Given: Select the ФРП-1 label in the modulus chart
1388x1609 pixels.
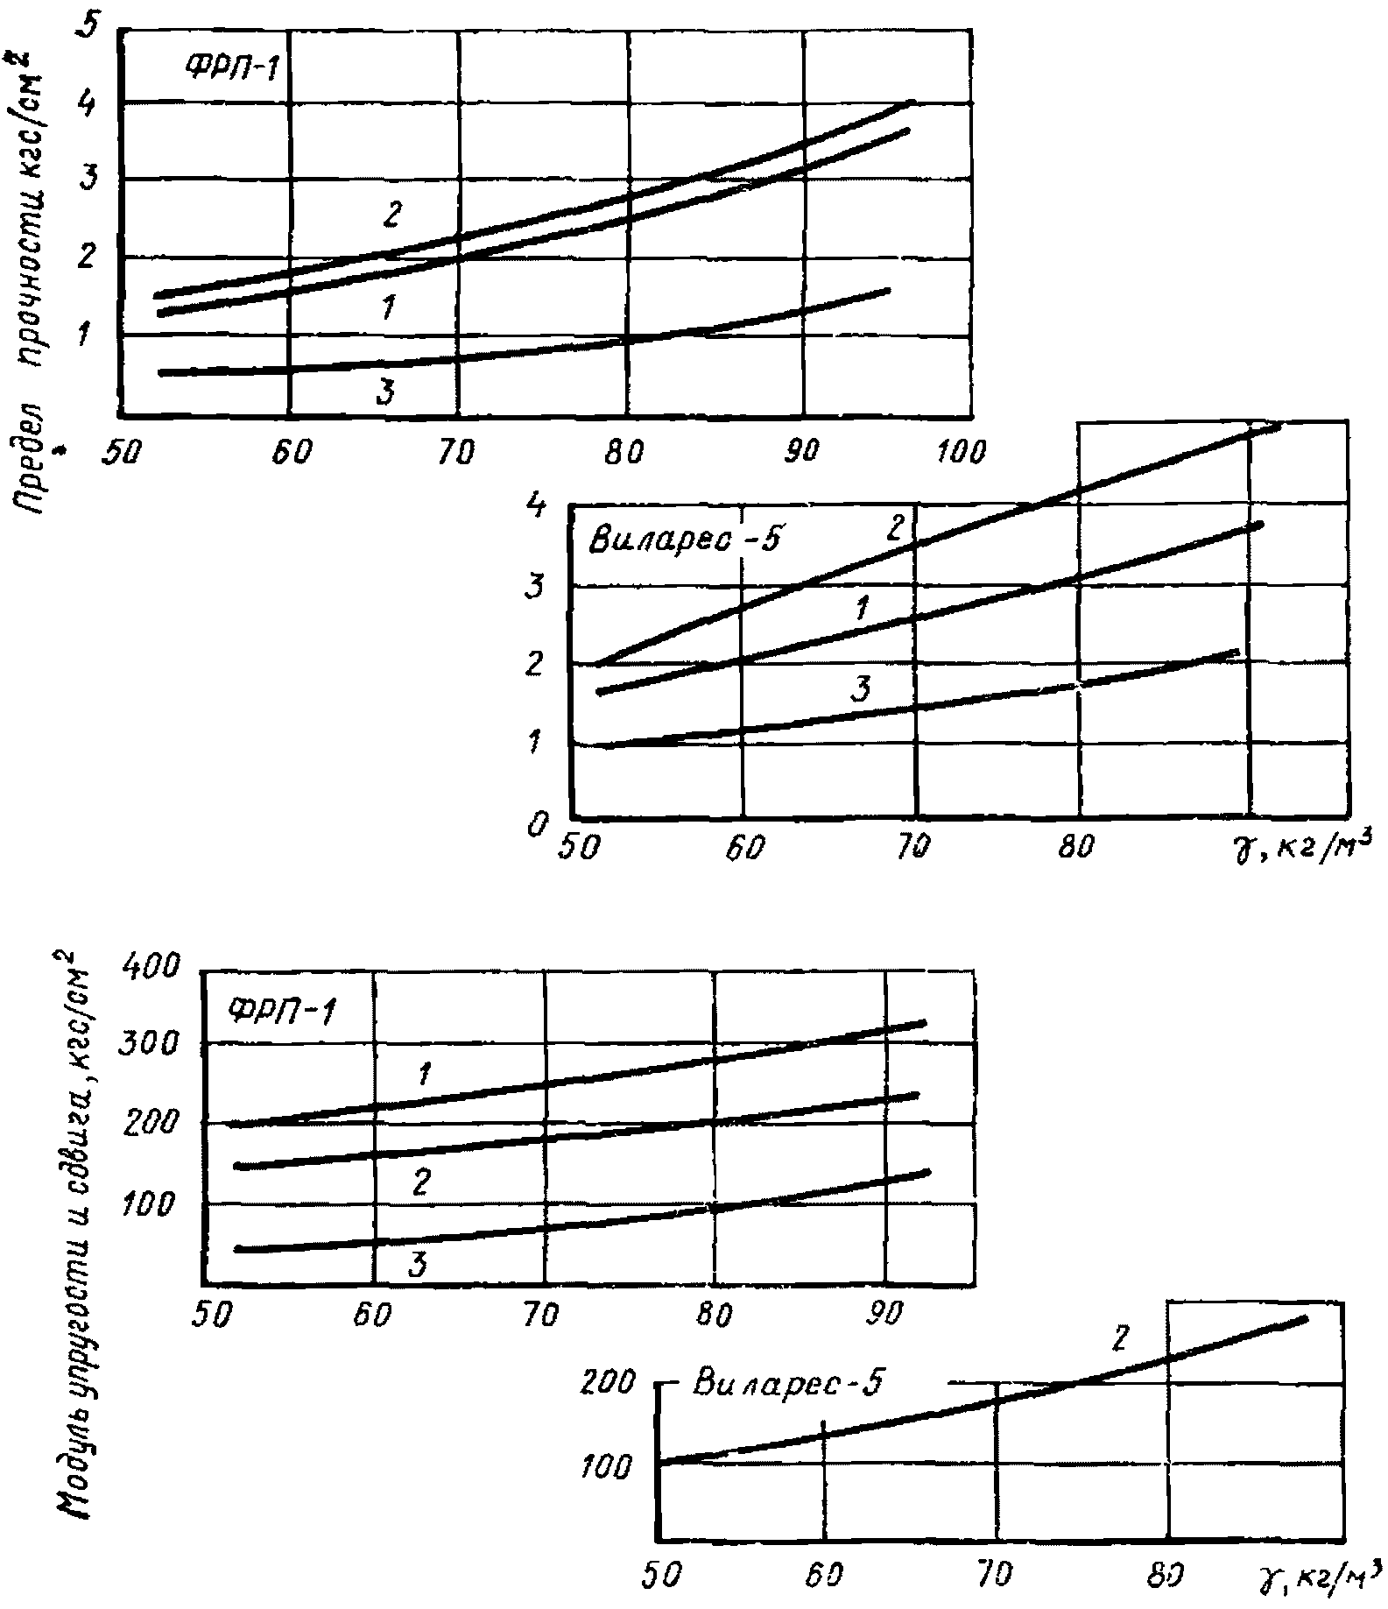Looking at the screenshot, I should [x=282, y=1012].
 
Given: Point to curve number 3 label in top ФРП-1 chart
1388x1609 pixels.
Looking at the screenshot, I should [x=385, y=392].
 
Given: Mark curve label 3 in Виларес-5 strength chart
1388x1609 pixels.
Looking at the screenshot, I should [x=860, y=689].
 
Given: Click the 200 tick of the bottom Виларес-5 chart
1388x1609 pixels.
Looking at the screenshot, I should [x=606, y=1383].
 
